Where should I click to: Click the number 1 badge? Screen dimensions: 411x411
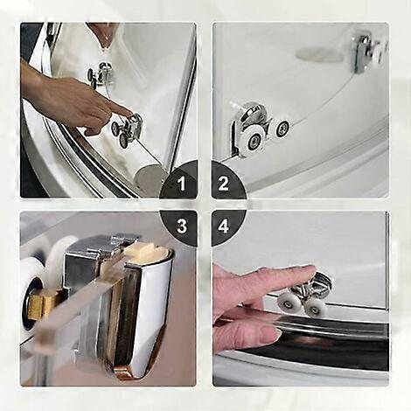[182, 184]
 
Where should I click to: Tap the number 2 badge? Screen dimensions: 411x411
[224, 184]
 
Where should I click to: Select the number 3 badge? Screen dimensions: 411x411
[182, 226]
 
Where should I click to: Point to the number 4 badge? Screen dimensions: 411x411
[224, 226]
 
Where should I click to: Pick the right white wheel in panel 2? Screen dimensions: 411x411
[282, 129]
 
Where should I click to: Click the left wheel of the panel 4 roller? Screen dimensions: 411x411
[288, 303]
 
